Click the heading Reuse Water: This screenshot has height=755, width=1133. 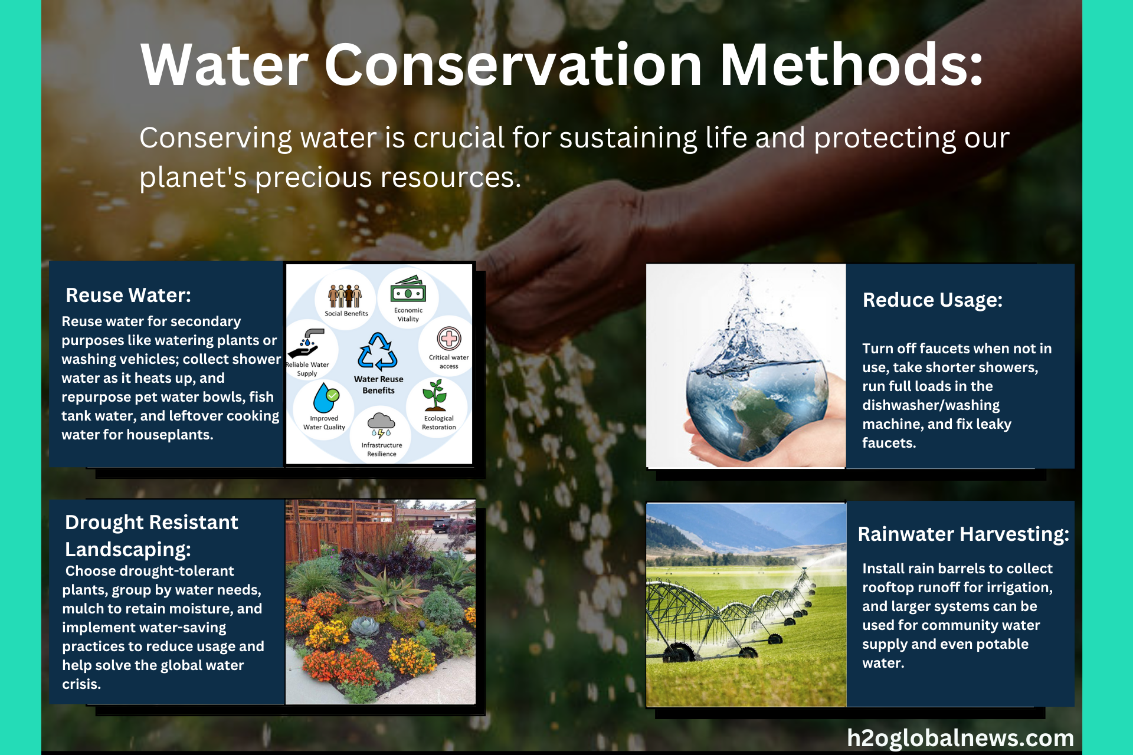128,295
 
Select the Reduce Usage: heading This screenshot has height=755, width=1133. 932,300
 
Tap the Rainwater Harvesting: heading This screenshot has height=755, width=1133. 963,534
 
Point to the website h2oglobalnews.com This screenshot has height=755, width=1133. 960,738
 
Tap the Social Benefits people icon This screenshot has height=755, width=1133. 345,296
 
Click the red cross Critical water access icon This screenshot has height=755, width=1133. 449,339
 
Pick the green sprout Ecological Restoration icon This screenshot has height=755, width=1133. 435,395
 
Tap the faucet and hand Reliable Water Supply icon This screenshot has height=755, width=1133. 306,343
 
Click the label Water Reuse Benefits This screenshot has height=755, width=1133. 379,385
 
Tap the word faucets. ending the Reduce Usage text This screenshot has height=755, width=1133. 889,443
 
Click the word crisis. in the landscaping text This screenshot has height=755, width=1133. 81,684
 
